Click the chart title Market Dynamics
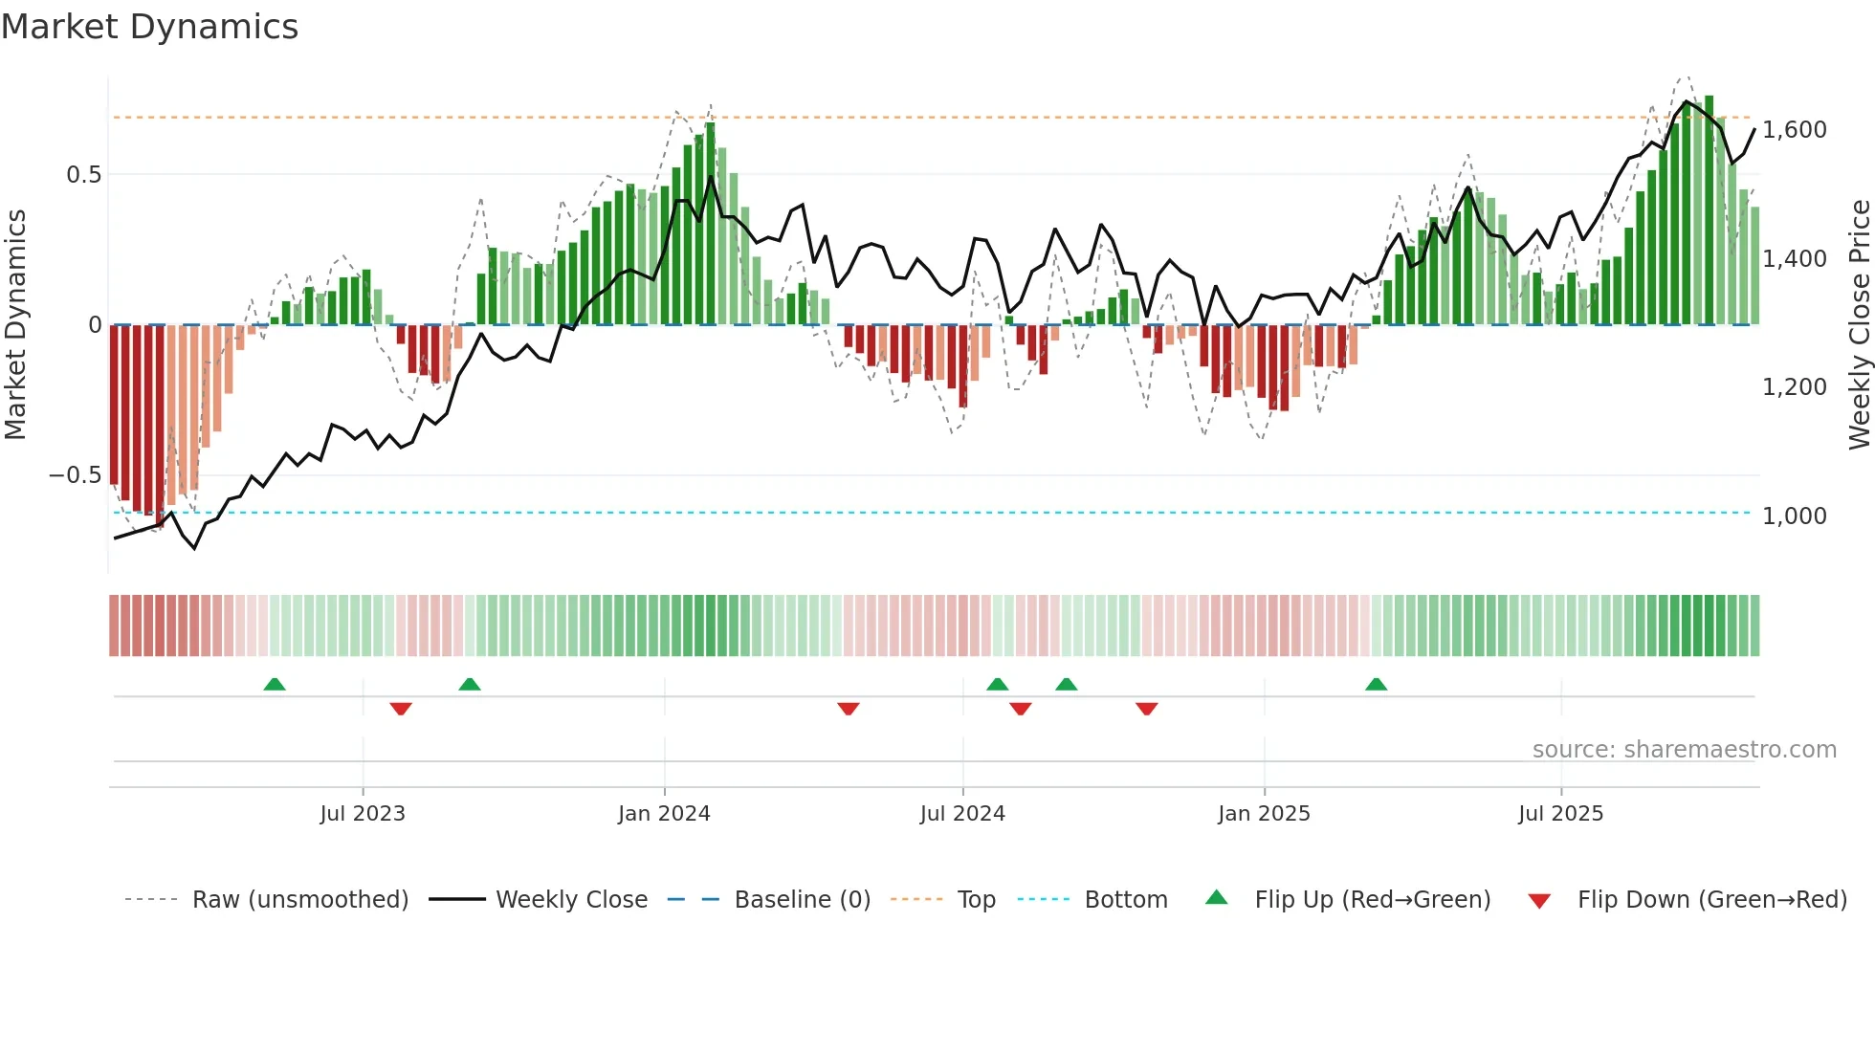[149, 27]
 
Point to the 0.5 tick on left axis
[83, 175]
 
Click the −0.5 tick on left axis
[75, 475]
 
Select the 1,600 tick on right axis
[1794, 130]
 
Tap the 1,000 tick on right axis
[1794, 516]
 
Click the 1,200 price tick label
[1794, 387]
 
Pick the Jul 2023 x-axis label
[363, 814]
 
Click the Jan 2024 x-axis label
[664, 814]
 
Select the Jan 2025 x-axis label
[1264, 814]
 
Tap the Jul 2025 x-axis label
[1560, 814]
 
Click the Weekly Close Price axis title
[1859, 325]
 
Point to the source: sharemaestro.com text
[1684, 750]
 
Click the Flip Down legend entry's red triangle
[1539, 901]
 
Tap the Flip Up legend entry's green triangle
[1216, 897]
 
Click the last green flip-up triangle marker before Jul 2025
[1376, 684]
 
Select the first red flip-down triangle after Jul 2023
[401, 709]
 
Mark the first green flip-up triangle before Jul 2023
[275, 684]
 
